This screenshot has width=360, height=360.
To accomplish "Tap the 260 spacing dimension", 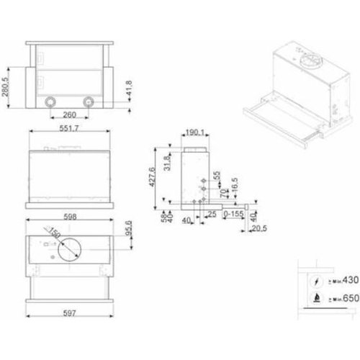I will (x=69, y=114).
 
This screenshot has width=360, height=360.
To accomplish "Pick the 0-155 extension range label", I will (x=234, y=215).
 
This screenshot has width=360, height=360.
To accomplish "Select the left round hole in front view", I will (x=51, y=101).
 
